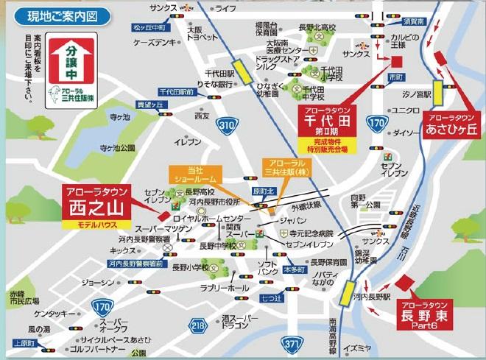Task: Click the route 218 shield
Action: (x=197, y=324)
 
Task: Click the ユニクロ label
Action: (x=405, y=110)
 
